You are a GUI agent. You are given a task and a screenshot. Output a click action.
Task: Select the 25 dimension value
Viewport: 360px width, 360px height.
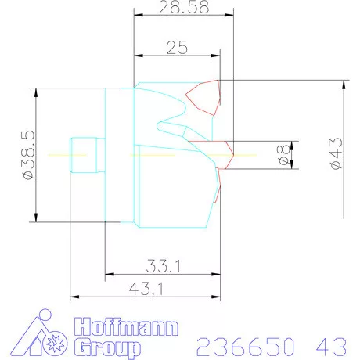tap(177, 48)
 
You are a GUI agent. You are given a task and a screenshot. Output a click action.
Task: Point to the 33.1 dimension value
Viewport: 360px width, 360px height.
tap(163, 266)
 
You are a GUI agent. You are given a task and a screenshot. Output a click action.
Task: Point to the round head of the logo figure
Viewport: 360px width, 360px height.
tap(43, 317)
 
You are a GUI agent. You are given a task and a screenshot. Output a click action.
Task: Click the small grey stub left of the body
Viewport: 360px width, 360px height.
tap(87, 154)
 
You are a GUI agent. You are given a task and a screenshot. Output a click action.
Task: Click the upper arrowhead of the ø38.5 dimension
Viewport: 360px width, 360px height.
tap(36, 92)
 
